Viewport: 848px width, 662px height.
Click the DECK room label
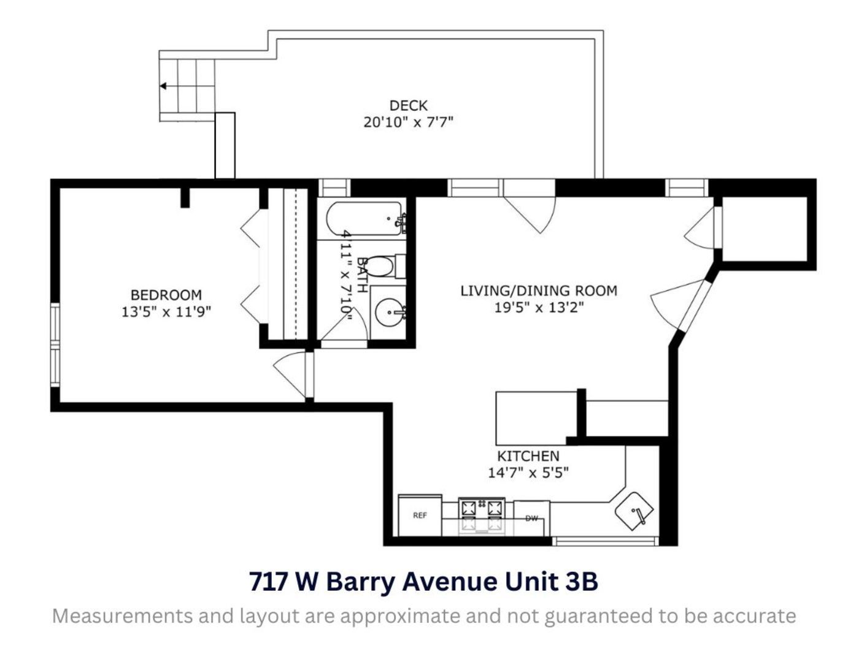point(408,105)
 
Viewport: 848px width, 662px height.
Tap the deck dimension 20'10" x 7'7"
point(408,122)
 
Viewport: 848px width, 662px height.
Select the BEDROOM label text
point(166,295)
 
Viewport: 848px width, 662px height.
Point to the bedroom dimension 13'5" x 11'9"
point(166,311)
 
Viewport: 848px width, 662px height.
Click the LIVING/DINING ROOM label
point(539,291)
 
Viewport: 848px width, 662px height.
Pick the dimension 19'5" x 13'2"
point(539,307)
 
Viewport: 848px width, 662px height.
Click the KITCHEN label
point(528,456)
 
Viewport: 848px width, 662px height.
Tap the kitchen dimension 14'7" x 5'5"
point(528,473)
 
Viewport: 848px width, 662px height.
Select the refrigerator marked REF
point(420,516)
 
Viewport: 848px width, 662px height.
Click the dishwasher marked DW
point(531,519)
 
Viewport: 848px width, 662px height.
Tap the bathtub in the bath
point(363,219)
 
